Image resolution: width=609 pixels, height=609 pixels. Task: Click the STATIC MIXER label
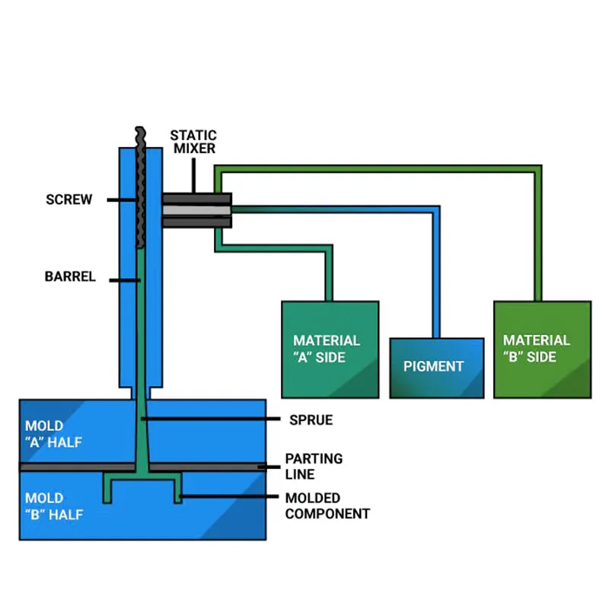(x=193, y=142)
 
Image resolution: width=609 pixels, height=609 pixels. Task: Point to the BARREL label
(x=70, y=277)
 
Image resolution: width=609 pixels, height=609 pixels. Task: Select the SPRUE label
(x=311, y=419)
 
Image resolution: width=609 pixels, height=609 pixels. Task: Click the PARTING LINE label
(x=314, y=466)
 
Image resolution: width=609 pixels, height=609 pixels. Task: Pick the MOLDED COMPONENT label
(x=327, y=505)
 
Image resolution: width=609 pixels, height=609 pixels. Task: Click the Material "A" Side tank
(x=330, y=349)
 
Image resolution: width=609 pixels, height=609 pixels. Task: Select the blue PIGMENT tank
(x=436, y=368)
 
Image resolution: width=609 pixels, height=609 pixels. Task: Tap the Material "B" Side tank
(x=542, y=349)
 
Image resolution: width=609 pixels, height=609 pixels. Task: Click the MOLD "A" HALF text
(x=53, y=434)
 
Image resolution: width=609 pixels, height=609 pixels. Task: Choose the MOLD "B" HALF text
(x=53, y=506)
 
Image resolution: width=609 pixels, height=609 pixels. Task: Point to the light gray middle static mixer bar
(x=196, y=210)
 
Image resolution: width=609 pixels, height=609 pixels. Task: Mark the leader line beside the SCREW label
(x=122, y=200)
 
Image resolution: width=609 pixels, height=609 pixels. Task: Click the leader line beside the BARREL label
(x=126, y=280)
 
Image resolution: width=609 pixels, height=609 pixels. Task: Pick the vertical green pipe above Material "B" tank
(x=537, y=236)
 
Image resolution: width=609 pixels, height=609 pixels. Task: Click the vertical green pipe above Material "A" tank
(x=330, y=274)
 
